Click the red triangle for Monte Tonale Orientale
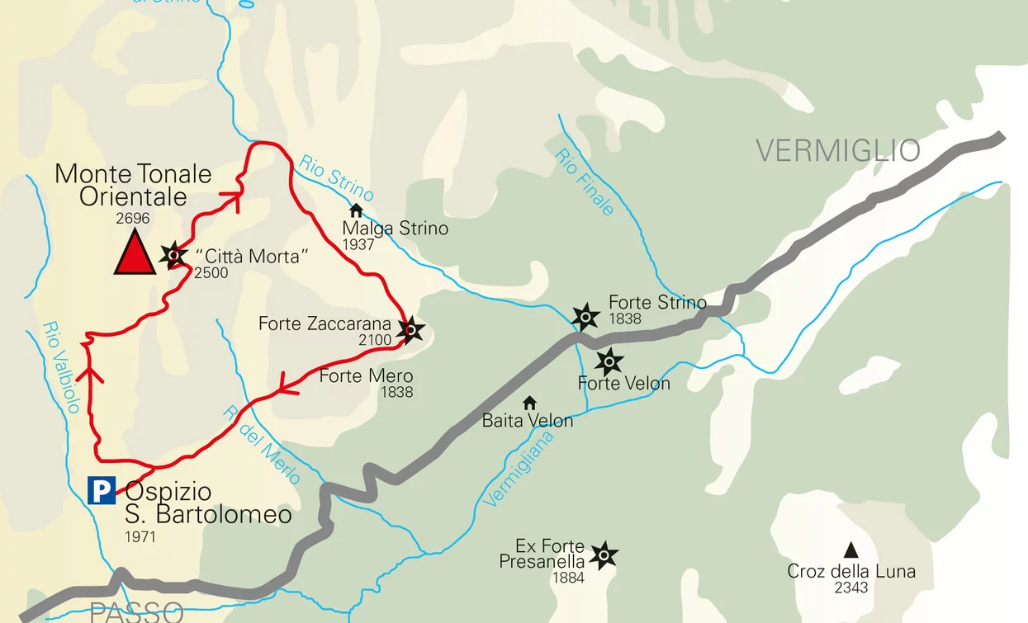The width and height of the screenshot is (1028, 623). [134, 253]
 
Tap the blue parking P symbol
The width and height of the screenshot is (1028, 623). [102, 491]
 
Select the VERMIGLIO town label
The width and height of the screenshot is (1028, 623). [838, 150]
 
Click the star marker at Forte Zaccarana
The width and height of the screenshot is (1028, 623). [410, 330]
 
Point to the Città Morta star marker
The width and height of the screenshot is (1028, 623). [173, 255]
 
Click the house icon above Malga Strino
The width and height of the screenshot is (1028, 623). [356, 210]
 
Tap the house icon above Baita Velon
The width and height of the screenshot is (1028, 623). [529, 403]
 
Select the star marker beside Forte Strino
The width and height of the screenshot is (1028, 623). [585, 316]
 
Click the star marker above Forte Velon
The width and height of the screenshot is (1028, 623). [609, 361]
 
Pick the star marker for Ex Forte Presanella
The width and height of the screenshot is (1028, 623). [604, 555]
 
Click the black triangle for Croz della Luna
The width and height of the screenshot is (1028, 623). [850, 550]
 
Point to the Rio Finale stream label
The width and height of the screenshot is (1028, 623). [585, 182]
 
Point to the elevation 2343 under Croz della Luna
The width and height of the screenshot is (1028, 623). [851, 588]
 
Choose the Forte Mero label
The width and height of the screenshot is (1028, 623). [366, 376]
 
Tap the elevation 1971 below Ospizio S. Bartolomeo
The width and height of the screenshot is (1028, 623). [140, 537]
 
